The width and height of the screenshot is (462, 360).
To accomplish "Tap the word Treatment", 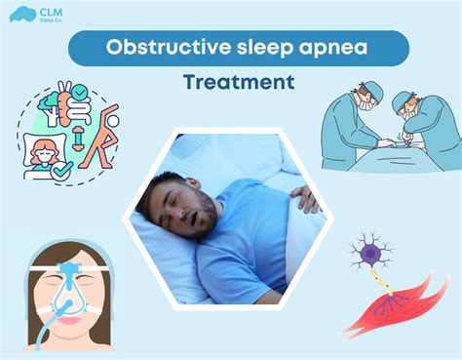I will (x=238, y=82).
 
